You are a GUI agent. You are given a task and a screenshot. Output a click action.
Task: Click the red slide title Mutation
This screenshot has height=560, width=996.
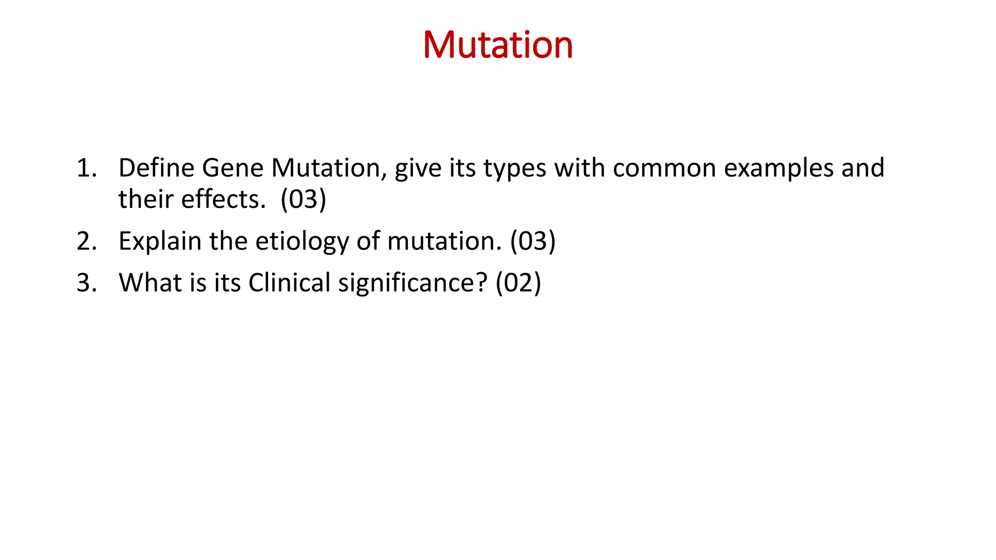click(x=498, y=45)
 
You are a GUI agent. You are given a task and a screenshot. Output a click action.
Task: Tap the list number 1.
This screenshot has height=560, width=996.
click(x=86, y=168)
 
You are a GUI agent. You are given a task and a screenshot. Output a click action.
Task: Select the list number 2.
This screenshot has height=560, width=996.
click(x=86, y=241)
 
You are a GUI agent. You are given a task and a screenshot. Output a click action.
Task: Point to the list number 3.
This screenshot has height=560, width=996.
click(x=86, y=283)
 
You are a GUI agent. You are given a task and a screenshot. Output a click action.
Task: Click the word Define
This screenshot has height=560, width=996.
click(x=156, y=168)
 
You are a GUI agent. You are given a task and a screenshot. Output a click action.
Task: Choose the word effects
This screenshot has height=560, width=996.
click(x=223, y=199)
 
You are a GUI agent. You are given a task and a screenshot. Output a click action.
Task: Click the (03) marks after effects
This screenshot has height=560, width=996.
click(x=303, y=199)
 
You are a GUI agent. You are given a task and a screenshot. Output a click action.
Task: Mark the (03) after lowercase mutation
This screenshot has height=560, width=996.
click(x=533, y=241)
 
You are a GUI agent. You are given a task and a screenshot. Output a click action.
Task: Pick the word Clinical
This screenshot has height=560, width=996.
click(x=289, y=283)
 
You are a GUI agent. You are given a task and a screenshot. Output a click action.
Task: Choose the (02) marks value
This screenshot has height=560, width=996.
click(x=518, y=283)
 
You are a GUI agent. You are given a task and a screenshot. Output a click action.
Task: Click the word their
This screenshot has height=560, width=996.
click(x=146, y=199)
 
